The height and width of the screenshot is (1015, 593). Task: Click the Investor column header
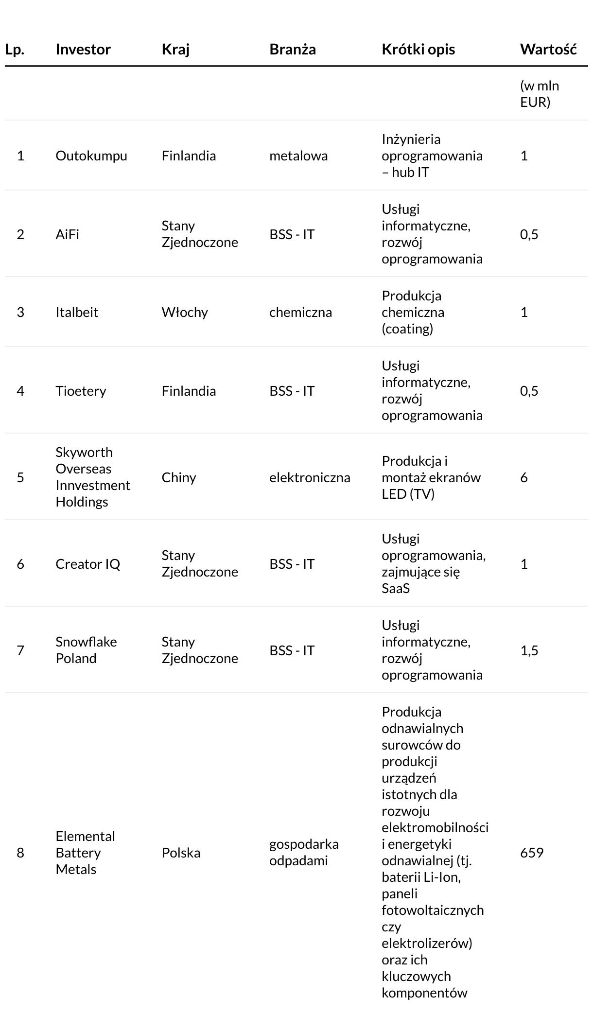tap(83, 49)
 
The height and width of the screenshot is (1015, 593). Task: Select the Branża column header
tap(293, 49)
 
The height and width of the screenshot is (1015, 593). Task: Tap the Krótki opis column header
tap(418, 49)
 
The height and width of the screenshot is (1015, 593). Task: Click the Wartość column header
tap(548, 49)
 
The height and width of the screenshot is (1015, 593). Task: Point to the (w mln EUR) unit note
tap(540, 94)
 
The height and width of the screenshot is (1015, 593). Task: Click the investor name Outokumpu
tap(91, 156)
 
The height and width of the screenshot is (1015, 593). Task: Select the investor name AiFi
tap(67, 234)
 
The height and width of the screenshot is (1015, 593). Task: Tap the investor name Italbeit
tap(77, 312)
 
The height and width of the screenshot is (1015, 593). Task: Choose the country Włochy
tap(185, 312)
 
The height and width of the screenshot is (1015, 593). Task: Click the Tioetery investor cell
tap(81, 391)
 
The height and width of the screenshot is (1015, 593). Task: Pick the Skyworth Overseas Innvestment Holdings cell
tap(92, 477)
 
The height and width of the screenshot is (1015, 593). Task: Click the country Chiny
tap(179, 477)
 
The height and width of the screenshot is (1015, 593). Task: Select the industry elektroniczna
tap(310, 477)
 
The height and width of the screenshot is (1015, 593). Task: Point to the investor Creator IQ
tap(87, 564)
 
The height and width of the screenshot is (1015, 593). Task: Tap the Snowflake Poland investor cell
tap(86, 650)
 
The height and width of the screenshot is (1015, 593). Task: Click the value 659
tap(532, 853)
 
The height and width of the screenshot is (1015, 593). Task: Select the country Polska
tap(181, 853)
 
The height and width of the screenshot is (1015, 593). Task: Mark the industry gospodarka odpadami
tap(304, 852)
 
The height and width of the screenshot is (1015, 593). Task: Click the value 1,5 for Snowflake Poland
tap(529, 650)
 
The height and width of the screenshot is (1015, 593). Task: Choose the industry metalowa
tap(298, 156)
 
